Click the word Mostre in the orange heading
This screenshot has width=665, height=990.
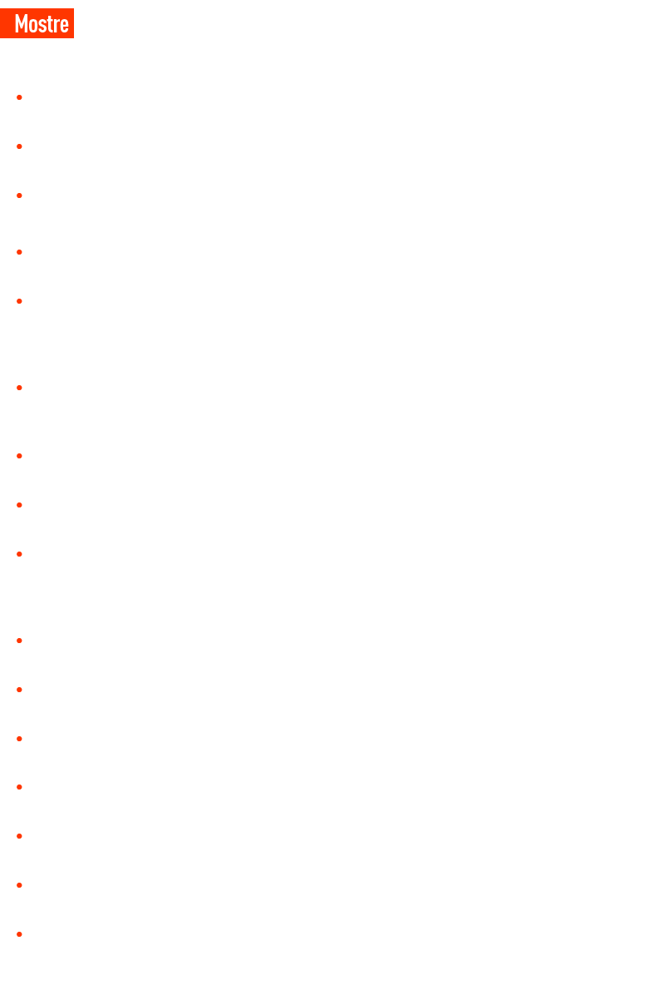[42, 24]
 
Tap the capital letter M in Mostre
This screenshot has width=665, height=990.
[21, 24]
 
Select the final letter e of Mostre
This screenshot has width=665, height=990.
[64, 26]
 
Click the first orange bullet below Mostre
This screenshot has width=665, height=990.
[20, 97]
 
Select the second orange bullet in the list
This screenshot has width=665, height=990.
[20, 146]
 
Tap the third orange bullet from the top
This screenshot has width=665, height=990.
[20, 196]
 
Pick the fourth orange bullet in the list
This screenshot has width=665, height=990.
[20, 252]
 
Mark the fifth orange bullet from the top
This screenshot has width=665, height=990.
[20, 301]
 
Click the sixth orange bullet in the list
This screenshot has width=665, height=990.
[20, 388]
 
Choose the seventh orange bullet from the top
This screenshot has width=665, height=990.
[20, 456]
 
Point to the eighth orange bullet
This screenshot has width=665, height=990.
[20, 505]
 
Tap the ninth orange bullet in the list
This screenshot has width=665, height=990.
[20, 554]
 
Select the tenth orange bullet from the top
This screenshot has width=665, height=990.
[20, 641]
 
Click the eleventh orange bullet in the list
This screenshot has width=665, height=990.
[20, 690]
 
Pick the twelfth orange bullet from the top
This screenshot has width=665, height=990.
[20, 739]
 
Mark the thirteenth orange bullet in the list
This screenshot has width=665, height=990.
[20, 787]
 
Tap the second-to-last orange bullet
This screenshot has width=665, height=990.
[20, 885]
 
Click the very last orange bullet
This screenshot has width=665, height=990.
[20, 934]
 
